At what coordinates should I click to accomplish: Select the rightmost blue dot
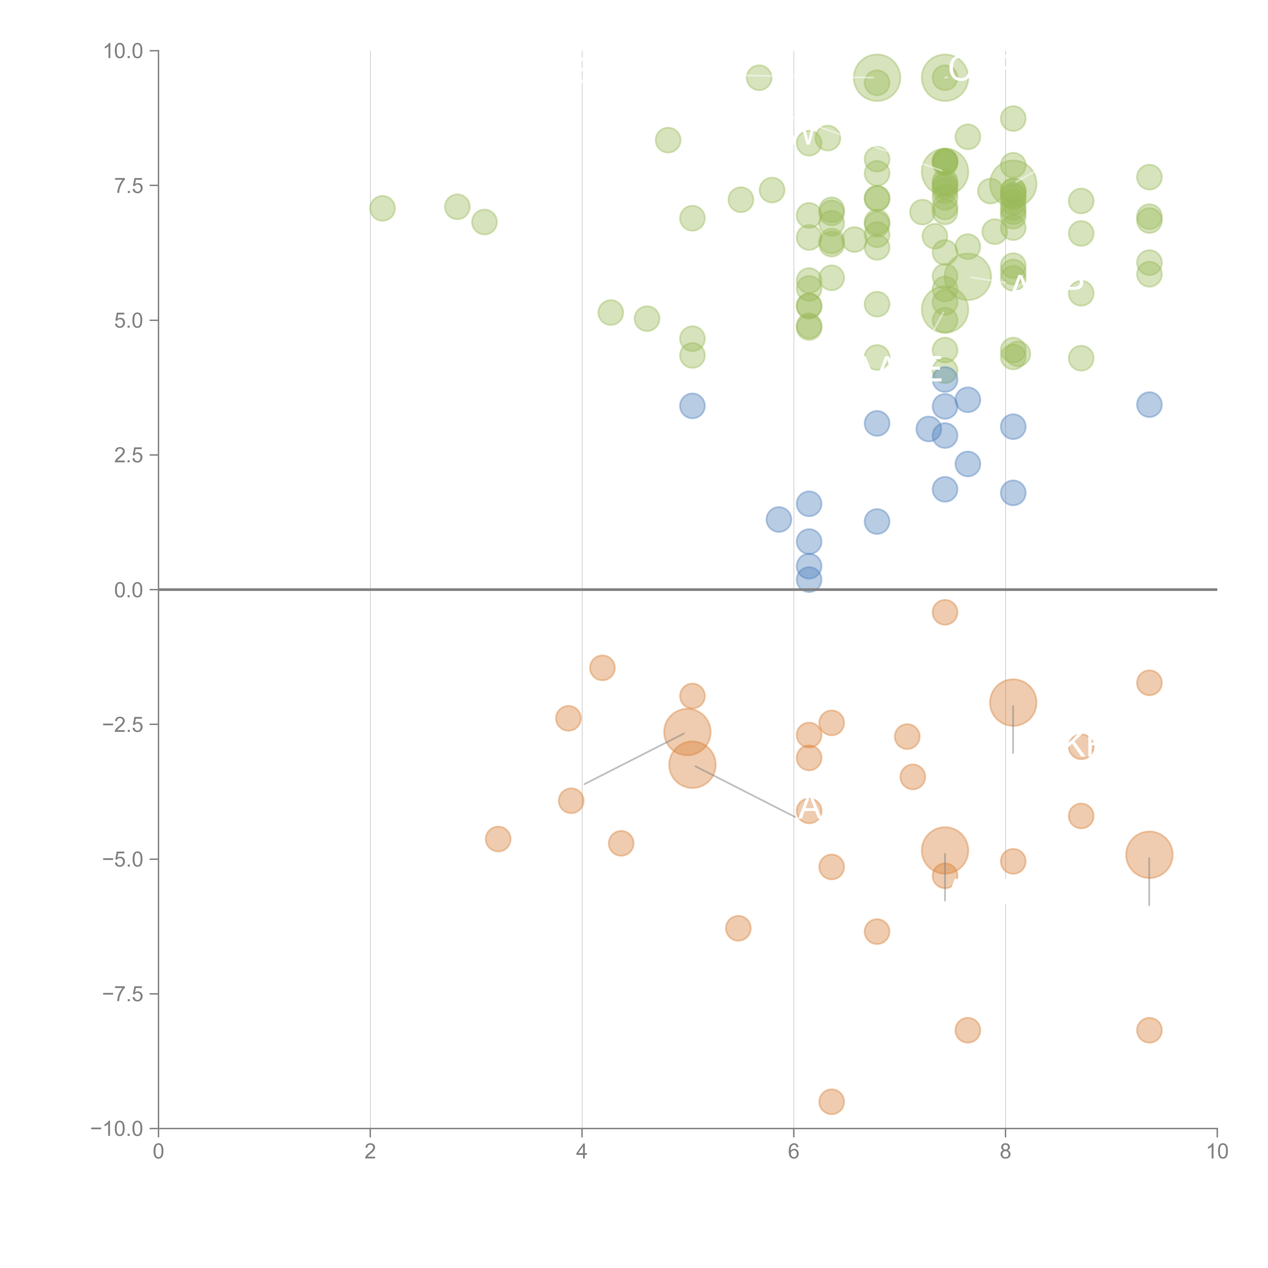tap(1149, 404)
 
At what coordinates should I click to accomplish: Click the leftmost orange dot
tap(498, 839)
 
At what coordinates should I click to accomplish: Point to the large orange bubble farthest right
tap(1149, 855)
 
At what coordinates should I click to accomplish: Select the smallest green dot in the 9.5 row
tap(759, 77)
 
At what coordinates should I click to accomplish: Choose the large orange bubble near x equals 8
tap(1013, 702)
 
